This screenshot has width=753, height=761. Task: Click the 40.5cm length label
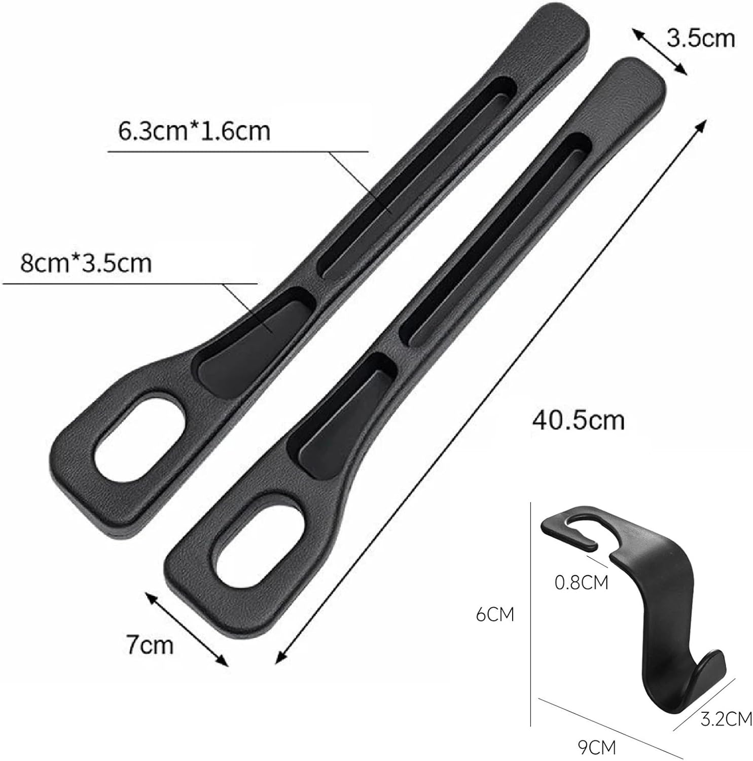578,421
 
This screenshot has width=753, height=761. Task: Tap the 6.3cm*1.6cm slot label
194,131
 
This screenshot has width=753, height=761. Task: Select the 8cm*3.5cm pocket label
86,264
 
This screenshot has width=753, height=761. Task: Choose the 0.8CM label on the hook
581,582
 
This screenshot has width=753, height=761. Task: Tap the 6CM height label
495,614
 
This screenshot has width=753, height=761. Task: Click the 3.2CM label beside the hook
726,718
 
